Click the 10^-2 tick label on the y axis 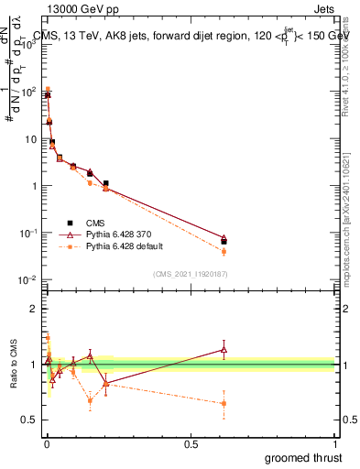(27, 279)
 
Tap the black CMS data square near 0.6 (224, 242)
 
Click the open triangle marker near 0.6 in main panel (224, 237)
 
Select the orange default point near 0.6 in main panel (224, 251)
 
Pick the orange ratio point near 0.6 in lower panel (224, 403)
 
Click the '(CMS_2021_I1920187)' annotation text (190, 273)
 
